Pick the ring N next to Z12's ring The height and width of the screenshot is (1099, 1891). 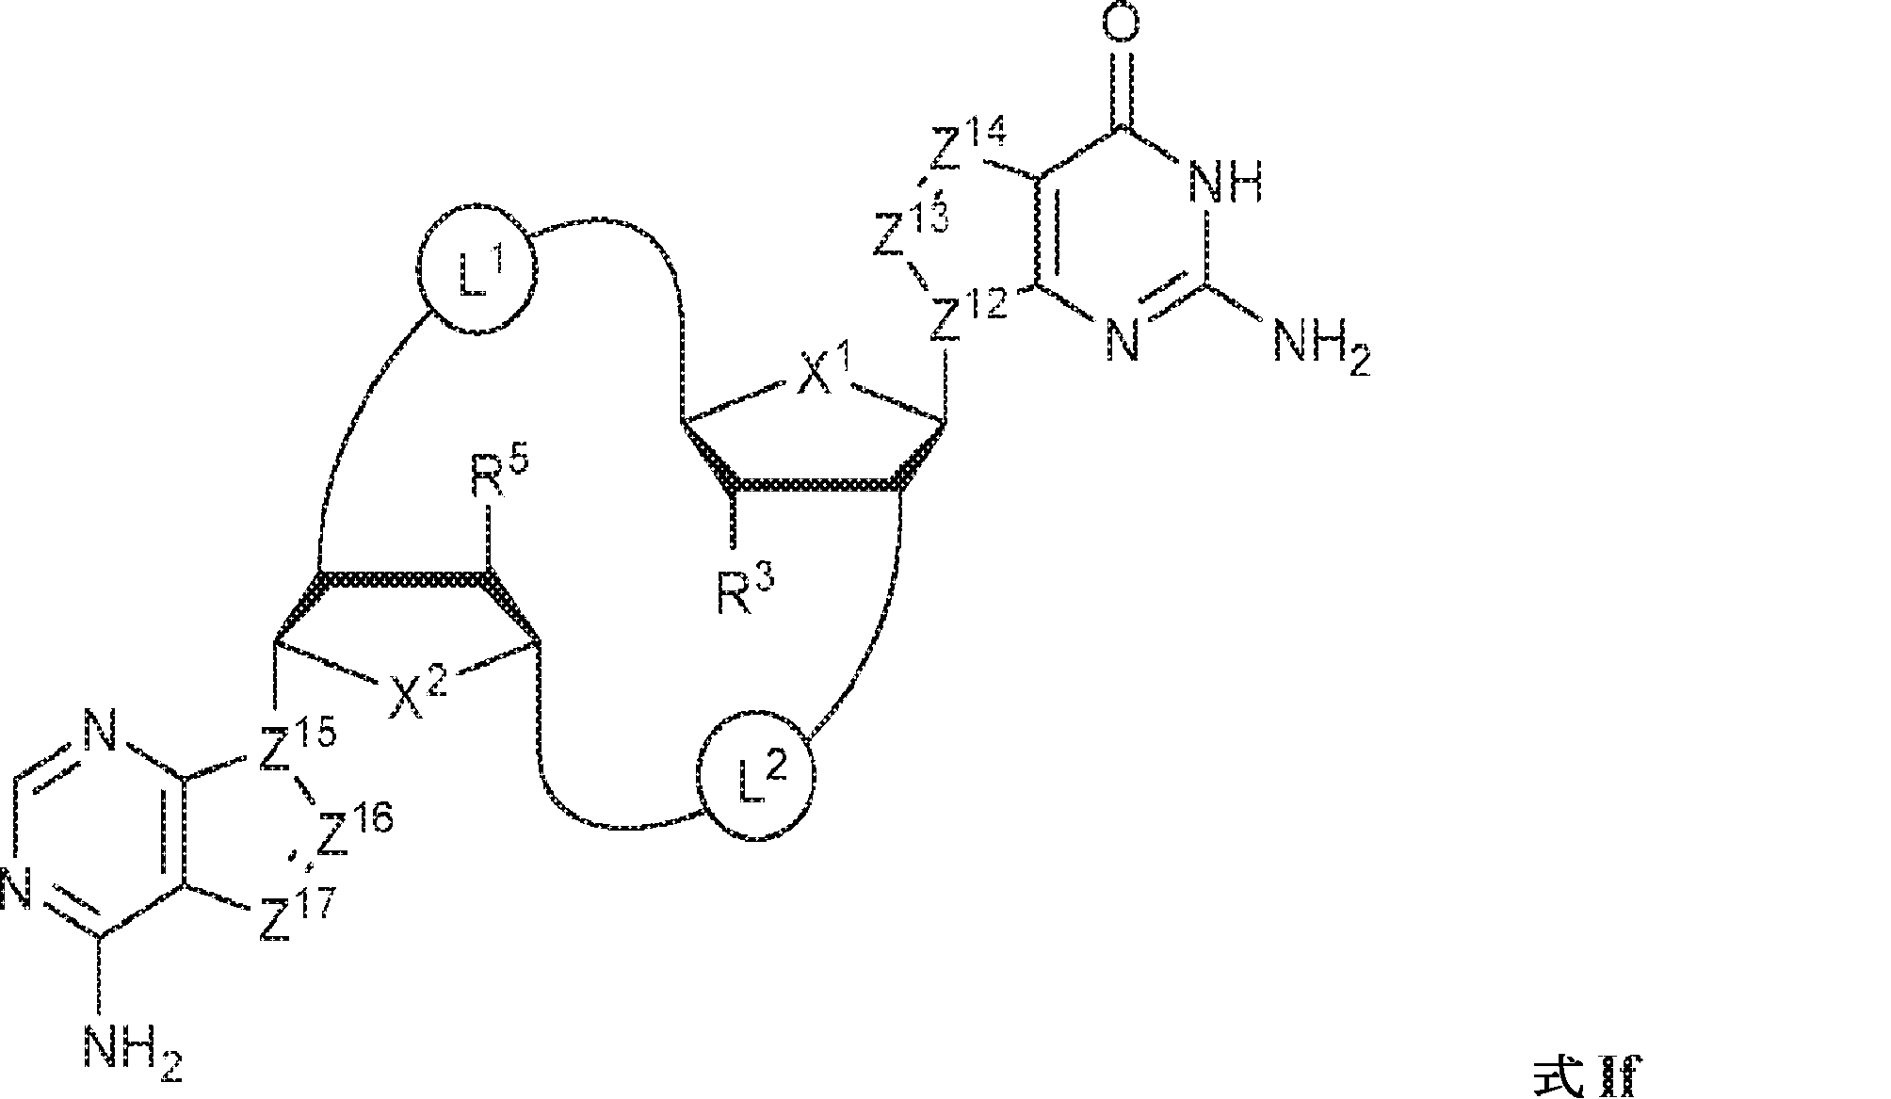click(1121, 340)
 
